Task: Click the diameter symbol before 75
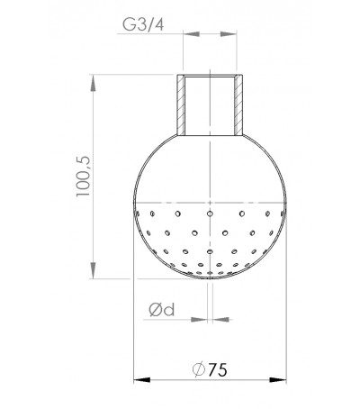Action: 197,370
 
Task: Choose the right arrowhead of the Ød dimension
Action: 216,318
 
